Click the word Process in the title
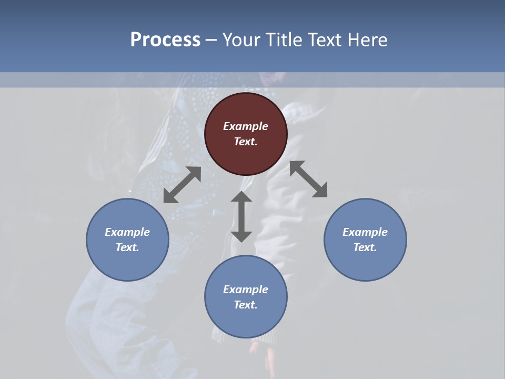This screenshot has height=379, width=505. coord(165,40)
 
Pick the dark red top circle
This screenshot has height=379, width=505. coord(246,158)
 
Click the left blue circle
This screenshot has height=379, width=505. coord(127,263)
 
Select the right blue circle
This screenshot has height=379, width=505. coord(365,263)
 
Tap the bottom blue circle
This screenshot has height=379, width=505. coord(246,321)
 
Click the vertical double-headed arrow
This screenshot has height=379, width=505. coord(241,216)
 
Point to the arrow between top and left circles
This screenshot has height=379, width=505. coord(182,185)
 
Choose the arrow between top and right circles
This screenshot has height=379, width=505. coord(309,179)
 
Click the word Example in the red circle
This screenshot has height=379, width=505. coord(246,126)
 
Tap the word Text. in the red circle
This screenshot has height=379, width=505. coord(246,142)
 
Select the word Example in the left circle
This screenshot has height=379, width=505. coord(127,232)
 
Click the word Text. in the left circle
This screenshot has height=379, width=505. coord(127,247)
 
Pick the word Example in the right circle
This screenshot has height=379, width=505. coord(365,232)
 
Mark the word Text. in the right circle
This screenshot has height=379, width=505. coord(365,247)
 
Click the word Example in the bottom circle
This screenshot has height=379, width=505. coord(246,290)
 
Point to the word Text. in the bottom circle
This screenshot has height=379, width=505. coord(246,305)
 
